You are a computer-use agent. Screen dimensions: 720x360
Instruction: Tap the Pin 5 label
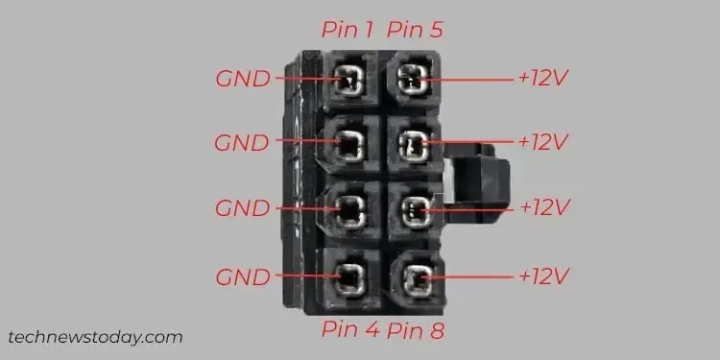pos(417,30)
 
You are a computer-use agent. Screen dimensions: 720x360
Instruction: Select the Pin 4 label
pos(349,331)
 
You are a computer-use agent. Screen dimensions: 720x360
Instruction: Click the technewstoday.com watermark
pos(95,337)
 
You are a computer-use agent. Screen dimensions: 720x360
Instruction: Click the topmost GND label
pos(242,79)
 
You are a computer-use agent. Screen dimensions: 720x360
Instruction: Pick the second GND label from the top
pos(242,143)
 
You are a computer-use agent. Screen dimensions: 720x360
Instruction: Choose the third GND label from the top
pos(242,207)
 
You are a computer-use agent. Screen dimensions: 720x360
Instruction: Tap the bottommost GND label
pos(242,276)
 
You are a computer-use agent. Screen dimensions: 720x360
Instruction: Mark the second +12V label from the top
pos(543,143)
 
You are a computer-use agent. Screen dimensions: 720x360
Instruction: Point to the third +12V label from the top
pos(543,207)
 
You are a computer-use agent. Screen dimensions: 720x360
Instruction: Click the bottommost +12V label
pos(543,276)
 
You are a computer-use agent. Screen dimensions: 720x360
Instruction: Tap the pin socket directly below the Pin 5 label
pos(413,79)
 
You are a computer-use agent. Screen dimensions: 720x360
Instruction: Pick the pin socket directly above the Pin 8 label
pos(415,278)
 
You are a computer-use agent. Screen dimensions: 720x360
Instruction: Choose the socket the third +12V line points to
pos(413,209)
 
